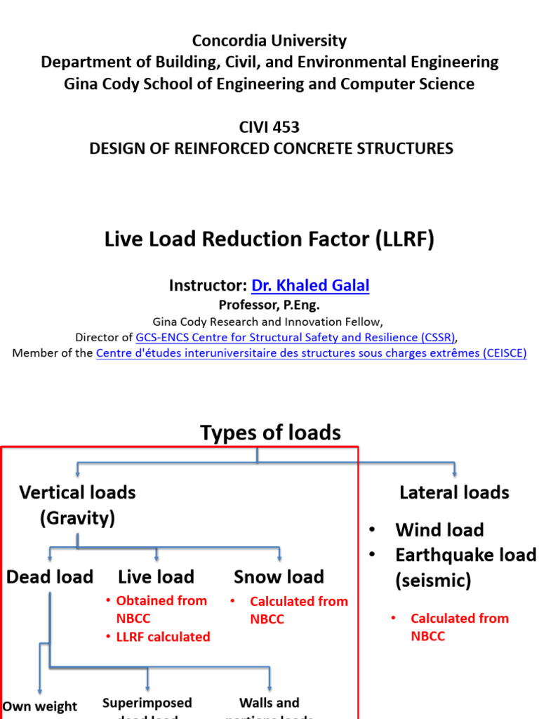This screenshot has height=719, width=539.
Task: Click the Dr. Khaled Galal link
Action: pos(310,286)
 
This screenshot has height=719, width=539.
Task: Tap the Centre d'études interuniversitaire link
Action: pos(311,353)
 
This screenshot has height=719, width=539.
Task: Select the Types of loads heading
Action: pos(270,433)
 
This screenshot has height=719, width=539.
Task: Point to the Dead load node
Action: pos(50,577)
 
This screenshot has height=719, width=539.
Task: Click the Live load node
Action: pos(156,577)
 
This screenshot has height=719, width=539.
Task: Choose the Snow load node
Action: pos(279,577)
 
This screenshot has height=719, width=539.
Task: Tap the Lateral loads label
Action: pos(454,493)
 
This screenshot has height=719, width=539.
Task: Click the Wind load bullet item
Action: pos(439,530)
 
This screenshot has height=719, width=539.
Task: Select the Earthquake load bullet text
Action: pos(465,555)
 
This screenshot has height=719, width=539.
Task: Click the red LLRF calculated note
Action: pos(163,637)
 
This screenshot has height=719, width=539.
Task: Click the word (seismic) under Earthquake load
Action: pos(433,581)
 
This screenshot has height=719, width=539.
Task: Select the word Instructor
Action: pos(208,286)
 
